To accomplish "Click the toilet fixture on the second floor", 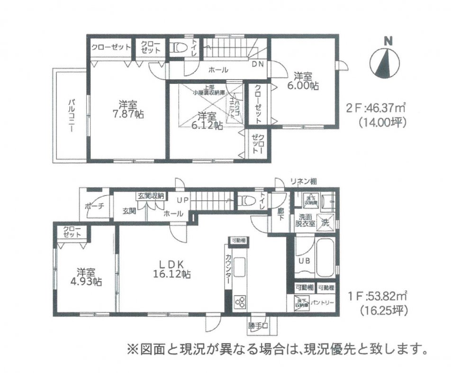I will point(179,48).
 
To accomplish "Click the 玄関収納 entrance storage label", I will point(150,195).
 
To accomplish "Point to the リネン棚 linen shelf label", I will point(304,181).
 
